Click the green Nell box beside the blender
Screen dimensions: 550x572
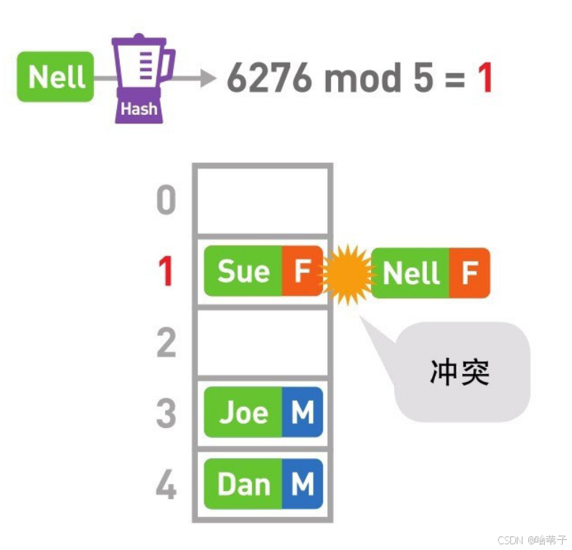[55, 76]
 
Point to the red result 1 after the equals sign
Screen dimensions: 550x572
[486, 78]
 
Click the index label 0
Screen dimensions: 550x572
[166, 200]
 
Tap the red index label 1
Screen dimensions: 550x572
[166, 272]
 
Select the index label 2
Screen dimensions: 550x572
[166, 342]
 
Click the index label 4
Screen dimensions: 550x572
[166, 485]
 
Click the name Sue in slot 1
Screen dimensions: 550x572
[243, 272]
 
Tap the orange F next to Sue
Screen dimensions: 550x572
[301, 272]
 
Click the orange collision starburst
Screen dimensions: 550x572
[347, 274]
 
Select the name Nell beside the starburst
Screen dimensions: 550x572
[411, 273]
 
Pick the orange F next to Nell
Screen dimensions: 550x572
[469, 273]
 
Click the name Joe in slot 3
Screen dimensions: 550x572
[243, 412]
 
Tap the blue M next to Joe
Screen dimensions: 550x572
[301, 412]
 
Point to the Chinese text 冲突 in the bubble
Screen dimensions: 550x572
[459, 372]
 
